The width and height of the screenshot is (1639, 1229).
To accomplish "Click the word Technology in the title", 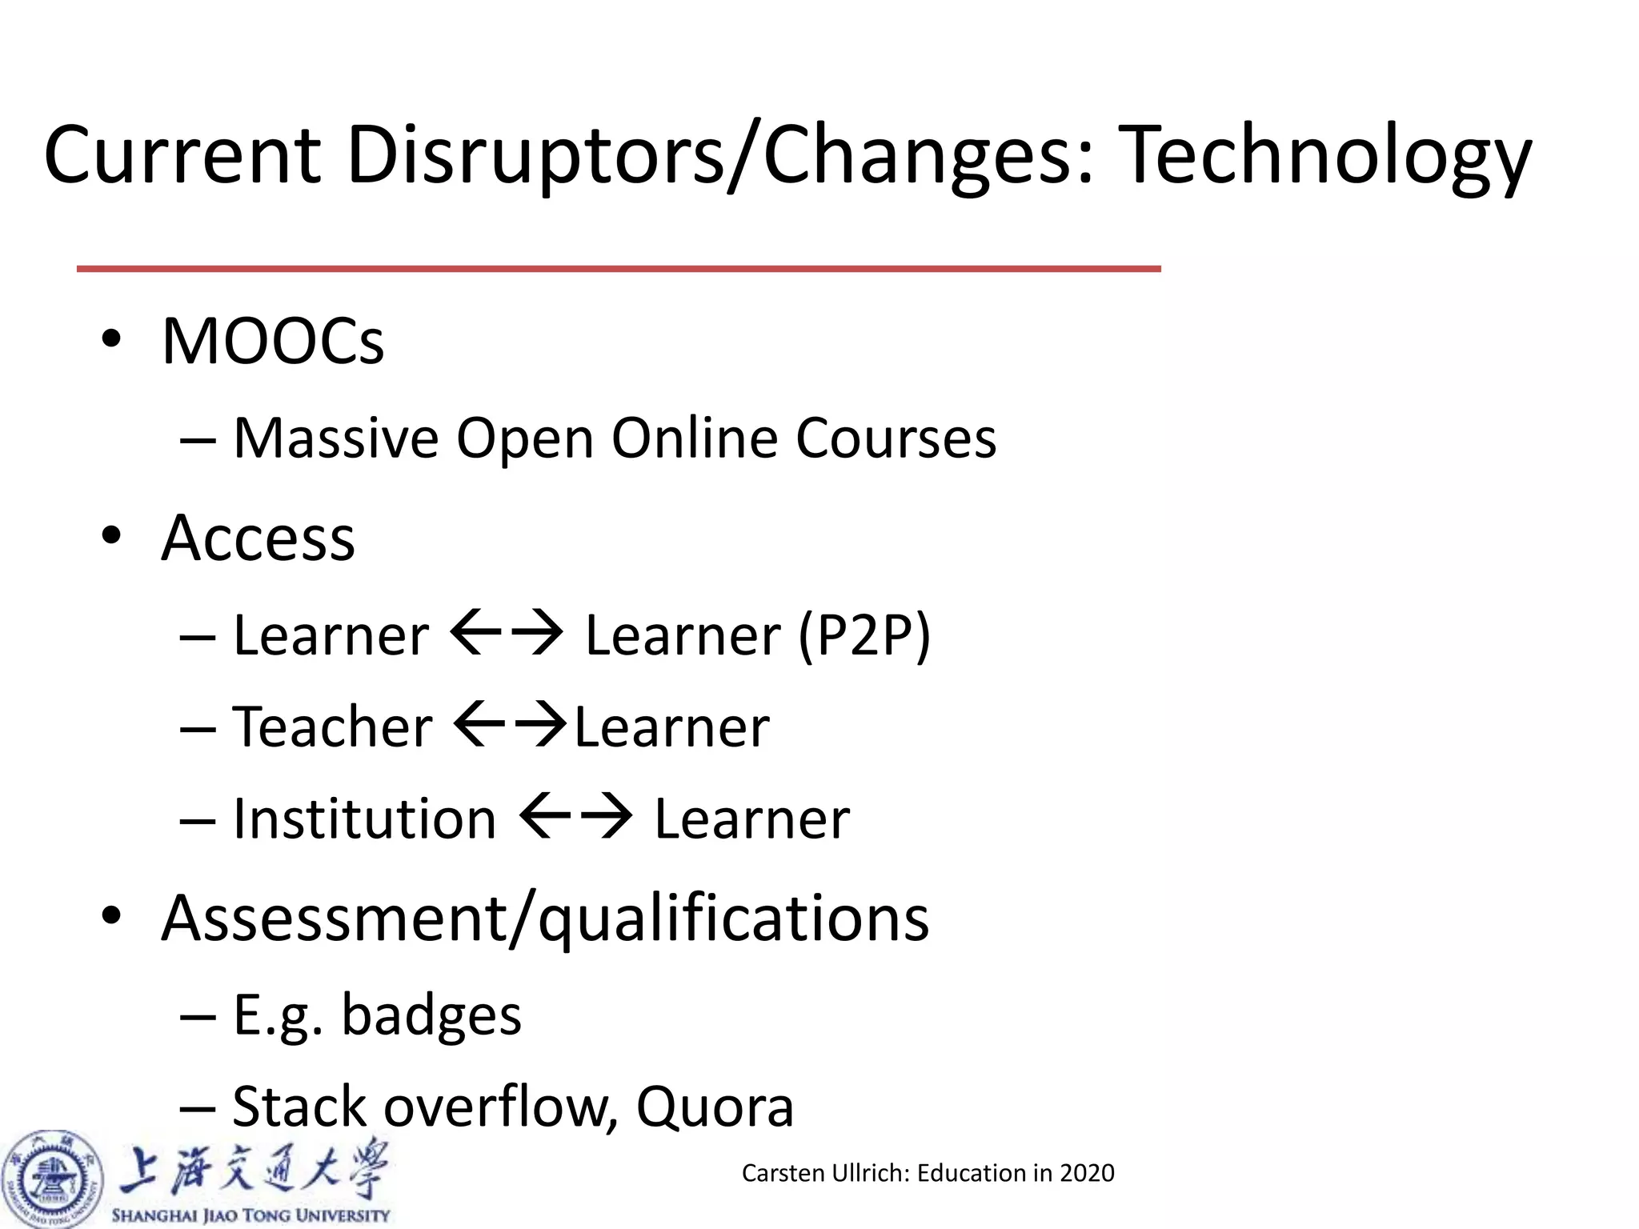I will (1324, 156).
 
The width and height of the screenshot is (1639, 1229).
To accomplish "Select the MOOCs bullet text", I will (273, 341).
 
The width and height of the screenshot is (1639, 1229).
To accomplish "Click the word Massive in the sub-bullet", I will (336, 438).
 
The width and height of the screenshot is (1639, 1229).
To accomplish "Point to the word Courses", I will (896, 438).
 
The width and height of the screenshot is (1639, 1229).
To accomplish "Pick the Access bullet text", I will (258, 538).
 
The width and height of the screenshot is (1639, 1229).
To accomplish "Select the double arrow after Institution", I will (575, 816).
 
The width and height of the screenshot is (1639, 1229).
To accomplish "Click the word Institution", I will (364, 819).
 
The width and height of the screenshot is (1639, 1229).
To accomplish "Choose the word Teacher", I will (332, 727).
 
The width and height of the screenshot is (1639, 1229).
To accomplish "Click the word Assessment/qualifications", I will (545, 918).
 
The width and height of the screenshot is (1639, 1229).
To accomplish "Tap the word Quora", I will (714, 1107).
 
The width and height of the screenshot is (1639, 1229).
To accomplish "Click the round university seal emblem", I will (53, 1179).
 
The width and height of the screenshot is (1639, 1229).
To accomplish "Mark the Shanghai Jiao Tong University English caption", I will (250, 1215).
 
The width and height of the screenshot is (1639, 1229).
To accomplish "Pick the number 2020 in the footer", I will (1086, 1173).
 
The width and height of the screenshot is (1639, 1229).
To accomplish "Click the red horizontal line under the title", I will (618, 269).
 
